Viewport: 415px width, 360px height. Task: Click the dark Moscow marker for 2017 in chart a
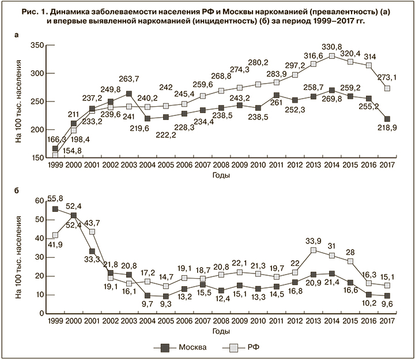tap(387, 119)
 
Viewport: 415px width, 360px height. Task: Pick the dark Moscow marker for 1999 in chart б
tap(55, 209)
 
